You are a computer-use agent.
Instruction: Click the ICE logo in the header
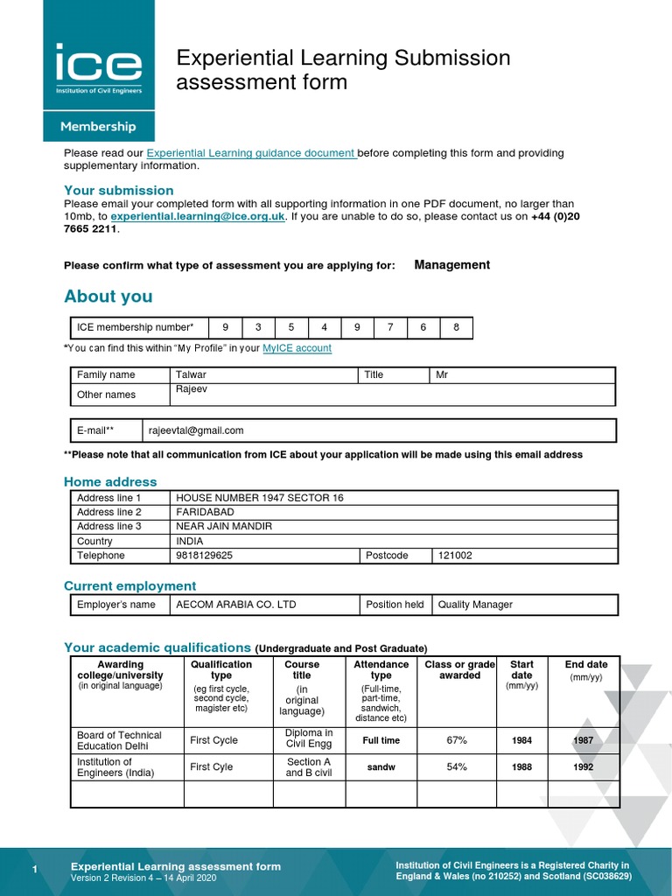click(x=98, y=68)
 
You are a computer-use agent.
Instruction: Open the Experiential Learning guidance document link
click(x=251, y=153)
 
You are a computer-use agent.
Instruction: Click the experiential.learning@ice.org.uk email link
click(x=198, y=216)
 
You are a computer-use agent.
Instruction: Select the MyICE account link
click(x=297, y=348)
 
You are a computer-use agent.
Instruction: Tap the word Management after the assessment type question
click(x=451, y=265)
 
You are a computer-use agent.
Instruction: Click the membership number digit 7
click(x=390, y=328)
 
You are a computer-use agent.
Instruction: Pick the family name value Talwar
click(x=192, y=374)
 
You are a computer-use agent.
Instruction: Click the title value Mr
click(x=444, y=374)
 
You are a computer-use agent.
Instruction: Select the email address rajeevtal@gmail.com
click(x=196, y=430)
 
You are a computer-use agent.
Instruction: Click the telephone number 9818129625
click(x=205, y=556)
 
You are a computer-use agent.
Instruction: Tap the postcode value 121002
click(x=455, y=556)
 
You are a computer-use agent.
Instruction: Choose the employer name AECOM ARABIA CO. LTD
click(x=236, y=605)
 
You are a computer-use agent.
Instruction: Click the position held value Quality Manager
click(x=475, y=605)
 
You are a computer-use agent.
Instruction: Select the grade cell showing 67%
click(x=457, y=740)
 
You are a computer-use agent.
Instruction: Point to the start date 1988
click(x=521, y=767)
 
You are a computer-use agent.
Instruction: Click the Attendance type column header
click(x=381, y=670)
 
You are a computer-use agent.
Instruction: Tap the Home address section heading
click(x=110, y=482)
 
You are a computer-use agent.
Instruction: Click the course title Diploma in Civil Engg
click(x=309, y=739)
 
